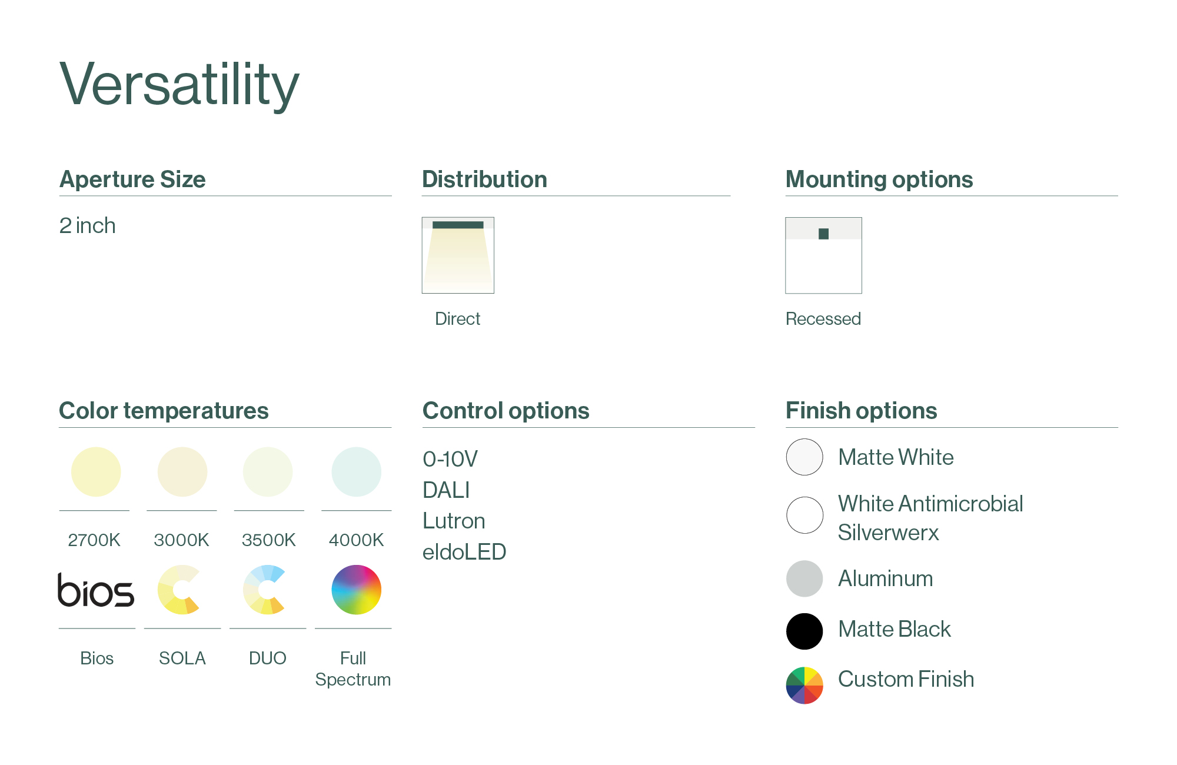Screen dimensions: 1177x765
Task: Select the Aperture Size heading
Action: pos(132,179)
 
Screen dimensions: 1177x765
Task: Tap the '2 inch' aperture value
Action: pos(87,225)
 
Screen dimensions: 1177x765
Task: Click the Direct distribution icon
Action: pos(458,255)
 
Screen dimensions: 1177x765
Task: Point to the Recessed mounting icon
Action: pos(823,255)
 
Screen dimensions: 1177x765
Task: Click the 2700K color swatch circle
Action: pos(96,472)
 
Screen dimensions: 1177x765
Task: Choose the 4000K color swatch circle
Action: pos(357,472)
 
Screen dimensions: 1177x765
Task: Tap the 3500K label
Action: pos(268,540)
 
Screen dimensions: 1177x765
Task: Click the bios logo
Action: pos(96,590)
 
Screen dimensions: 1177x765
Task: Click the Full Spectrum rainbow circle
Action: pos(357,590)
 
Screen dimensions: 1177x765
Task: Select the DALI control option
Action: pos(446,490)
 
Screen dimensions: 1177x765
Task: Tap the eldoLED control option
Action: pos(464,552)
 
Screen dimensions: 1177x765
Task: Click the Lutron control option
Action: pos(454,521)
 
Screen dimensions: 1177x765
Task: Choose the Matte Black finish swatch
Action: pos(804,631)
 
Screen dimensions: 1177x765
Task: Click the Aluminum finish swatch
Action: pos(804,578)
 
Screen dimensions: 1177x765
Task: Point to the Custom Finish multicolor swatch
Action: pos(804,686)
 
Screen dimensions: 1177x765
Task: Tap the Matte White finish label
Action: pos(896,457)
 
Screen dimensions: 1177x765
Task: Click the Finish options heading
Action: pos(862,411)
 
